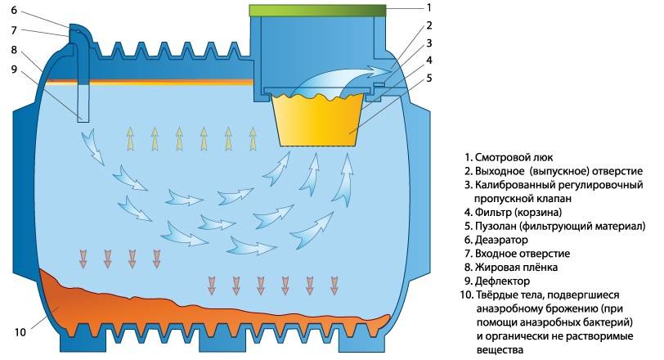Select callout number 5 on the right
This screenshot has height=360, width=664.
(x=428, y=79)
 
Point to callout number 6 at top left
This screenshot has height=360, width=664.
(x=14, y=11)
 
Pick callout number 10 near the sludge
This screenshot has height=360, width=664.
(x=20, y=332)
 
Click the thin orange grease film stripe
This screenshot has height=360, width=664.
(x=164, y=82)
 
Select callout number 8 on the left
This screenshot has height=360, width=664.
(x=14, y=50)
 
